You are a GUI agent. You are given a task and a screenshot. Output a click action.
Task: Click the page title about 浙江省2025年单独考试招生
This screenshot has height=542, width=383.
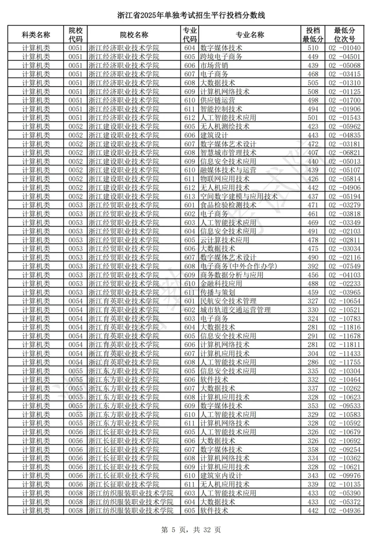coord(191,16)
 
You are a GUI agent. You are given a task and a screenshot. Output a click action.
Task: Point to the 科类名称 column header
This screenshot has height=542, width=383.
coord(36,35)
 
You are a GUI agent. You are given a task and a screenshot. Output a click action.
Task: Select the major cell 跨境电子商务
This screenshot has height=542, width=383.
coord(221,56)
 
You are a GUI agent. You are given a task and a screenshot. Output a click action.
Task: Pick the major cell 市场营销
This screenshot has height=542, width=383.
coord(214,65)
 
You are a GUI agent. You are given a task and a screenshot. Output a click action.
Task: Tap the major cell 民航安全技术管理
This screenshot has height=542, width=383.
coord(228,301)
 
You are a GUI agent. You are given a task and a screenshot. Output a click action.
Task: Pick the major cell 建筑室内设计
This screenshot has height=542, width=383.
coord(221,475)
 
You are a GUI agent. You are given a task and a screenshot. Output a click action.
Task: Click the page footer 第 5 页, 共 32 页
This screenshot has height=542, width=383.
coord(191,530)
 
